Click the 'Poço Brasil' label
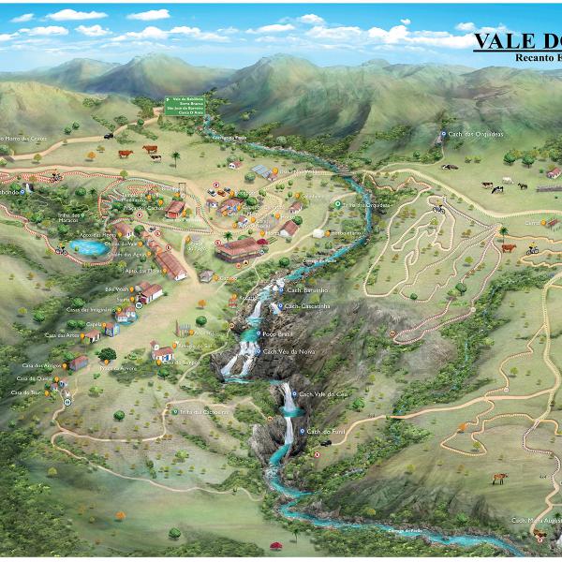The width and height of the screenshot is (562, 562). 280,332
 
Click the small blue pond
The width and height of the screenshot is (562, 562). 86,249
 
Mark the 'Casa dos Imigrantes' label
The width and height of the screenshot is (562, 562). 90,309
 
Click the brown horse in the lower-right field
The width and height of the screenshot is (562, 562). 500,478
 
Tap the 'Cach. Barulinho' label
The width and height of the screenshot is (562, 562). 305,290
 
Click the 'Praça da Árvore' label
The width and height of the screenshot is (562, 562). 119,368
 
